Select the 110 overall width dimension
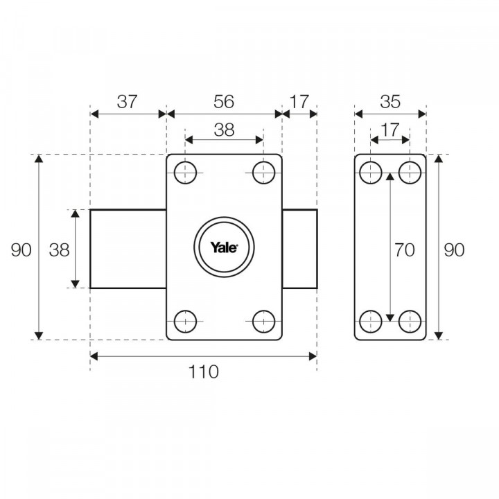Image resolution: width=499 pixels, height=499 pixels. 204,371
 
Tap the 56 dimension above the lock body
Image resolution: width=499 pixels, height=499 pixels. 223,101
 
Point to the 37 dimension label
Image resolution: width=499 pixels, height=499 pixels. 127,101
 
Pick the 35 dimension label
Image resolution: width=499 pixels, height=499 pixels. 390,101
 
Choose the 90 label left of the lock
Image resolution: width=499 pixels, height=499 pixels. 21,249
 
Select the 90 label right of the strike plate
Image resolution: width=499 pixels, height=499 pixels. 454,249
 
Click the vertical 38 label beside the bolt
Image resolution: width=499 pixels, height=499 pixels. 59,249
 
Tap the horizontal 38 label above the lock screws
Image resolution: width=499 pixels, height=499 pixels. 223,129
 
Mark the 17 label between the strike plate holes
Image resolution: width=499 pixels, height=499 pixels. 390,129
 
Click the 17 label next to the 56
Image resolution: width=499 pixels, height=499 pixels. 299,101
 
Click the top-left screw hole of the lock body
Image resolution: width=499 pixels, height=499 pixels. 184,173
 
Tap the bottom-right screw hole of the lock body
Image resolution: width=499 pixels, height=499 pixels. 263,322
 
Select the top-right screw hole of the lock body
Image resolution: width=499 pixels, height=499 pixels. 263,173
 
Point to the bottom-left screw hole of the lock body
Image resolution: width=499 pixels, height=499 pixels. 184,322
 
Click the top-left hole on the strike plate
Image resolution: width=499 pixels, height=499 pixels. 371,173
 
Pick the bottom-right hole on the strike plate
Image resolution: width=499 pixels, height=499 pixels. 410,322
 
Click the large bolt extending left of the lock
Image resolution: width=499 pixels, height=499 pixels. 128,249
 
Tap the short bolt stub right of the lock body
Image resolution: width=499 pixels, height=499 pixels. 299,249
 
